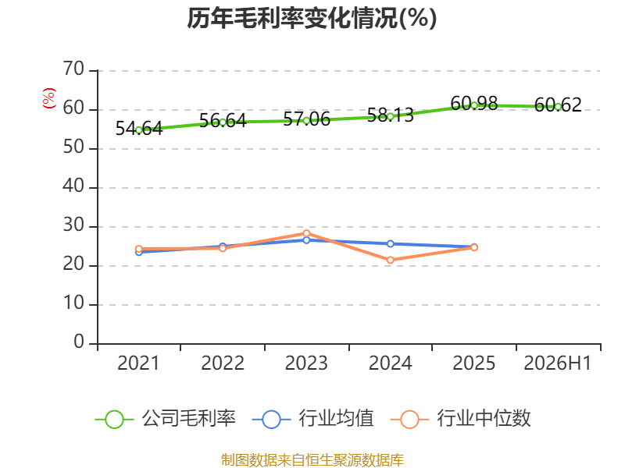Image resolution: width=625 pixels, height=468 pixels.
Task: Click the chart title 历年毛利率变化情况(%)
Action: (312, 18)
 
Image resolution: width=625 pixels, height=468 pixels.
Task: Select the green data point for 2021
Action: (139, 129)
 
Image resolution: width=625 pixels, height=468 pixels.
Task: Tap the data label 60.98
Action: (474, 104)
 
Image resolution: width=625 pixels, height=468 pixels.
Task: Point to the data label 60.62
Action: (558, 105)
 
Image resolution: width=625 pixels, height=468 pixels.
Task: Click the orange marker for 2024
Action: (390, 260)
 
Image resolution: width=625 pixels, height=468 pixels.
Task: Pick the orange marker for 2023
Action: (306, 233)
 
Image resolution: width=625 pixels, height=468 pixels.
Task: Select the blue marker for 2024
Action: (390, 243)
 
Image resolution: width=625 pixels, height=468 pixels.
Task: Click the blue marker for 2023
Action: (306, 240)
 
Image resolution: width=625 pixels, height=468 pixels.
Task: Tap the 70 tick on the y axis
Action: (73, 69)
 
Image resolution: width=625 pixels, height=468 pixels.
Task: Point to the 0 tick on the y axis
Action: (79, 342)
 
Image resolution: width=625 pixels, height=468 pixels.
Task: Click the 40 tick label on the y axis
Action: (73, 186)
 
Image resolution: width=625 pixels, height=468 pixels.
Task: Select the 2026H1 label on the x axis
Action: (557, 363)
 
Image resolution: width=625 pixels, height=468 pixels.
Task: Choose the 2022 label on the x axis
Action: (223, 363)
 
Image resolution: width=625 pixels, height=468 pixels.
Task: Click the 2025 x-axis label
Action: (474, 363)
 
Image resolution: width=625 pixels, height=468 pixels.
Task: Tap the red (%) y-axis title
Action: (49, 98)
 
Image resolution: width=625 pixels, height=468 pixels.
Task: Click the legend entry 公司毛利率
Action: (166, 419)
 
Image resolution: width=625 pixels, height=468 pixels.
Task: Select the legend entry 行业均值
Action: (313, 419)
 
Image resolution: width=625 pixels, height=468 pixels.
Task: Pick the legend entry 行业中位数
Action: (461, 419)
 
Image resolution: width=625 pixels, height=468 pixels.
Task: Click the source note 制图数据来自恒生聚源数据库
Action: (312, 460)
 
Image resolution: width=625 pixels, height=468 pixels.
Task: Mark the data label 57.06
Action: (306, 119)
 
